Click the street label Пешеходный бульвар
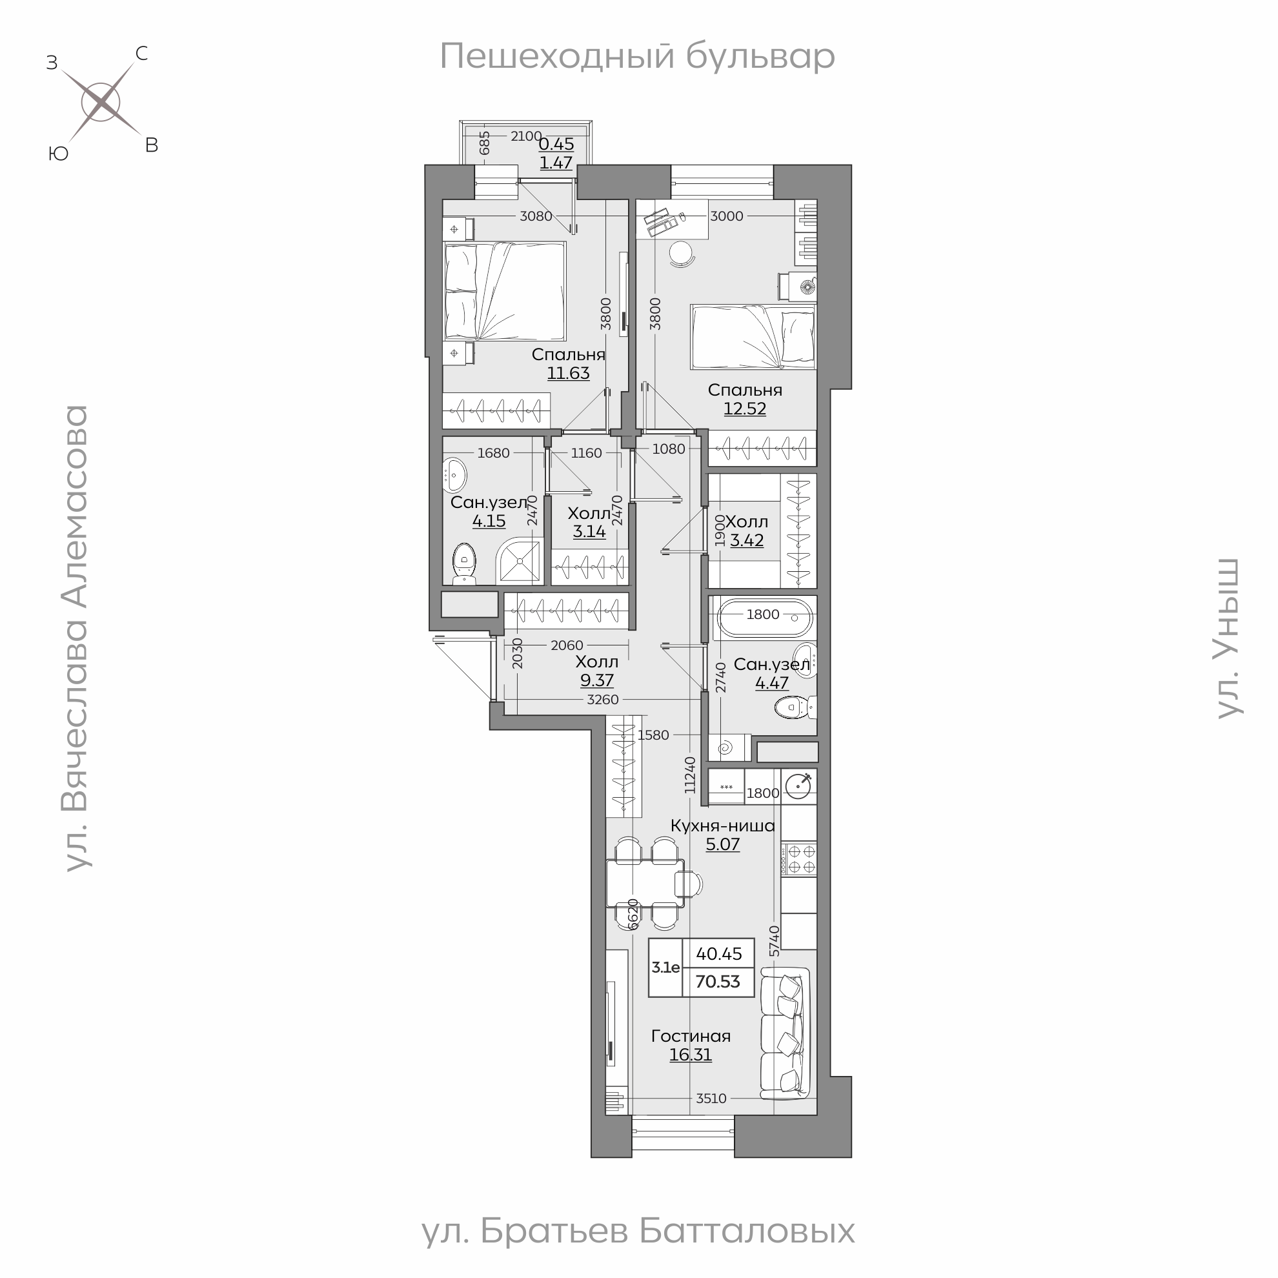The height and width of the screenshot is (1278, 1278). point(637,56)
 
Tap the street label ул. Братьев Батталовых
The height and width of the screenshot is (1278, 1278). point(638,1232)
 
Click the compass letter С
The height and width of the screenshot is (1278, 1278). point(141,54)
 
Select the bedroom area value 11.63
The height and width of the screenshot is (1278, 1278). point(568,373)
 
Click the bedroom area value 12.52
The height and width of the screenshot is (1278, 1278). point(745,409)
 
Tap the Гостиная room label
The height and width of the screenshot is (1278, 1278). point(691,1036)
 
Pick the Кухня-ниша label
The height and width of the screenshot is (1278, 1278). point(722,826)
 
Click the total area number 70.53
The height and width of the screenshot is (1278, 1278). point(718,982)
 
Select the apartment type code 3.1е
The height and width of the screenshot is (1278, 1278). point(665,968)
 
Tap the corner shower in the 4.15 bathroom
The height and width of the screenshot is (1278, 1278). point(521,561)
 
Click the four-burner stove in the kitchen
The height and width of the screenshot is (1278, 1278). point(799,859)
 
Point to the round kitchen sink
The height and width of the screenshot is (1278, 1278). point(799,787)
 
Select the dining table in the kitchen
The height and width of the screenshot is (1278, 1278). point(645,883)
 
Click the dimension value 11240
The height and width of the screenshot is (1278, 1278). point(691,775)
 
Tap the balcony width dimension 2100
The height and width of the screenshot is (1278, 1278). point(527,136)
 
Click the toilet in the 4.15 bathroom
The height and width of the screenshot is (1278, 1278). point(464,564)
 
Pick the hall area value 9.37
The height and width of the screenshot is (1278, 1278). point(596,681)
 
